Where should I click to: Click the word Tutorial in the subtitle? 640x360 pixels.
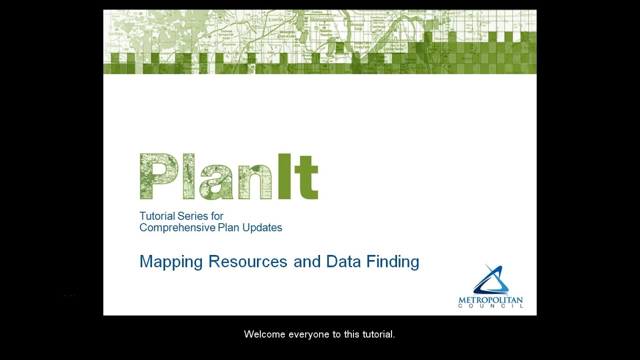pos(157,216)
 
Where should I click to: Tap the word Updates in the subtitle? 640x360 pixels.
pos(262,228)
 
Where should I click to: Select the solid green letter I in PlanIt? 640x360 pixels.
pos(284,176)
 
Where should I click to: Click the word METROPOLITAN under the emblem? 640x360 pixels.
pos(490,300)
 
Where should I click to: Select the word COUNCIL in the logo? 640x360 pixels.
pos(490,306)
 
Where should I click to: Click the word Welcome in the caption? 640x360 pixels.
pos(264,334)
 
